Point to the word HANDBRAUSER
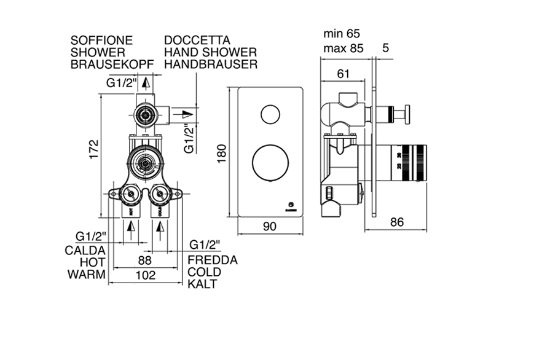[210, 64]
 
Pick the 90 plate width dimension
[269, 226]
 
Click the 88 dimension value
[144, 260]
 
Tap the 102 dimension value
[145, 276]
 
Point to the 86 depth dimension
[397, 222]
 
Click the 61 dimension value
[345, 74]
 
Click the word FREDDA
[213, 260]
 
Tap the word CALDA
[85, 250]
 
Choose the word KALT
[202, 285]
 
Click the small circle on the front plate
[269, 115]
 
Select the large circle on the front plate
[269, 163]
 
